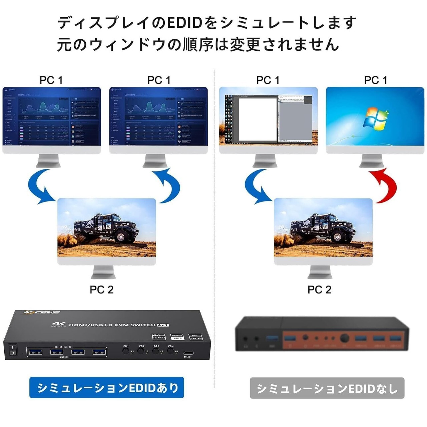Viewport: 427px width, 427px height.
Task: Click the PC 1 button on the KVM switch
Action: click(126, 351)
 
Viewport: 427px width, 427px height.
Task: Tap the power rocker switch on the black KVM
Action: click(13, 350)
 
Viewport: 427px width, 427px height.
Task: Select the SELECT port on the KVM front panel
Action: click(188, 353)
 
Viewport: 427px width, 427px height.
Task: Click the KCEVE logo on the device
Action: click(41, 312)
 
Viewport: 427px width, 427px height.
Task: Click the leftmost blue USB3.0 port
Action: click(35, 352)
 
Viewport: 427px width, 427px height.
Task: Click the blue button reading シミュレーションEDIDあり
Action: click(107, 388)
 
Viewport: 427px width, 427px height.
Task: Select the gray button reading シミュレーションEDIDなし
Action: click(327, 388)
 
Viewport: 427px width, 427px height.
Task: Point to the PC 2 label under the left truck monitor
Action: click(101, 290)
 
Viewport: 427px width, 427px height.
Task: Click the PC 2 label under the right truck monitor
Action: click(319, 290)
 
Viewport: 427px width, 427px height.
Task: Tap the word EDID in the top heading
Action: click(184, 23)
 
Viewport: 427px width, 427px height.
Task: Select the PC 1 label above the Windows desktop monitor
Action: click(375, 80)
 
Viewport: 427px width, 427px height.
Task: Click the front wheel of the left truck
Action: click(120, 237)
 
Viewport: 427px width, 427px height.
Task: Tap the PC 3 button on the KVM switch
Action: click(155, 351)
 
